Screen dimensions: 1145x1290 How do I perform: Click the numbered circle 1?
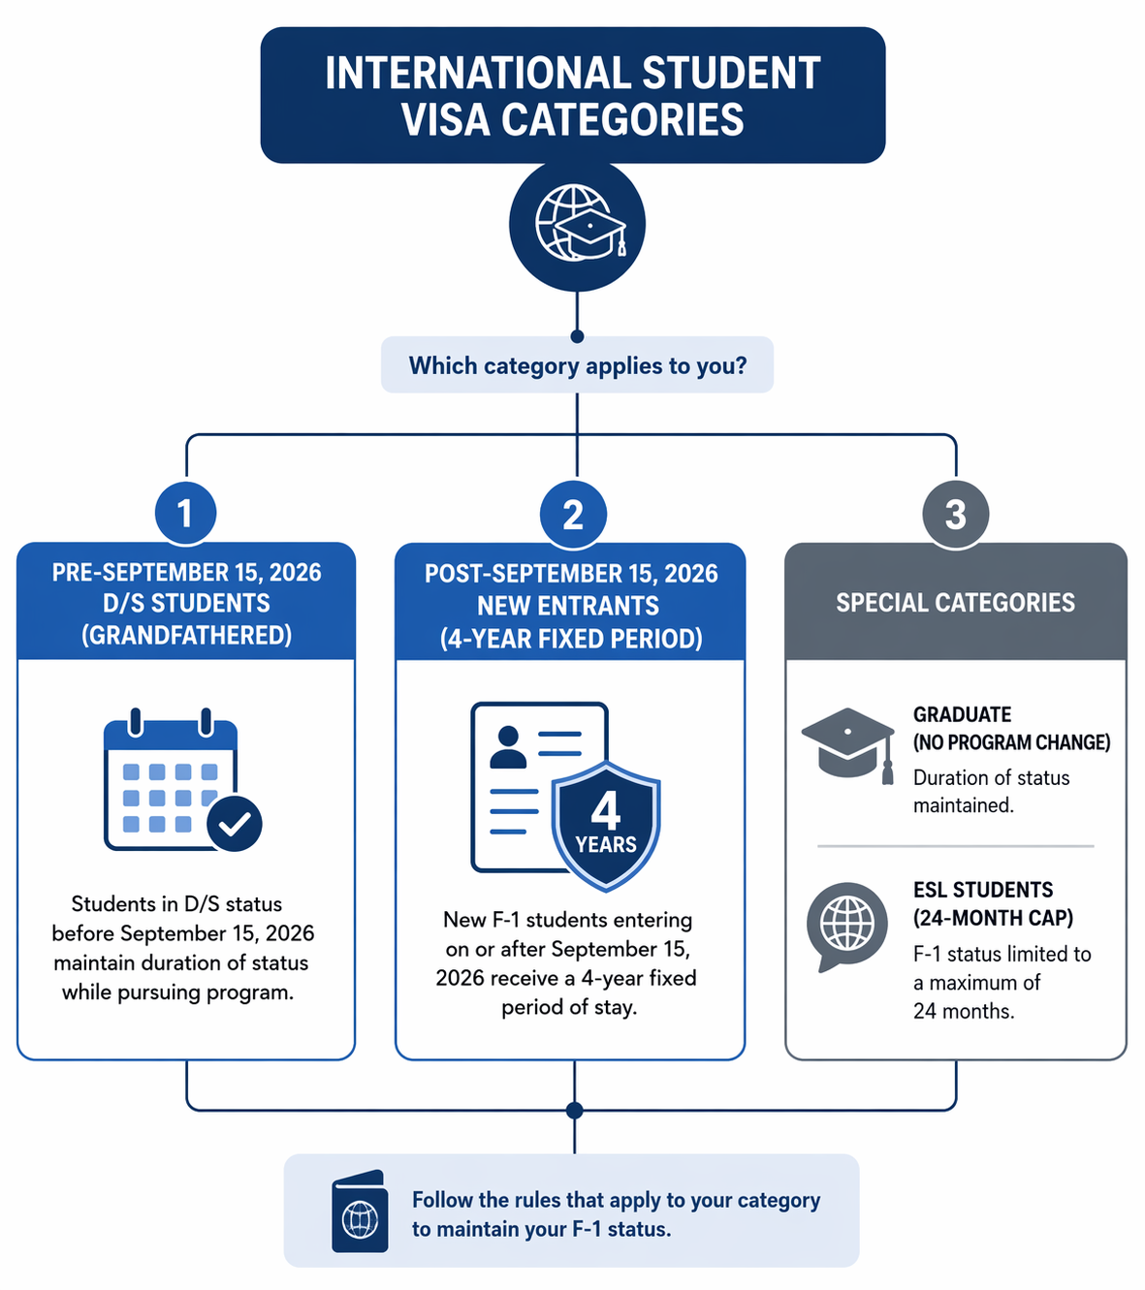[185, 514]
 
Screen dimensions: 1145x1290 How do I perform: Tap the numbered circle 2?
[573, 515]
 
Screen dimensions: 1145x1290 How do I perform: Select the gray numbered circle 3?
[955, 515]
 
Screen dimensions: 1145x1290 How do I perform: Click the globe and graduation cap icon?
[577, 224]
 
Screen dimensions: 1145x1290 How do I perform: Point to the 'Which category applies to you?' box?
[577, 364]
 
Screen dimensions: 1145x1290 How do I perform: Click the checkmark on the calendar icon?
[235, 823]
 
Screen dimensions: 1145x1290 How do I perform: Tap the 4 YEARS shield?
[606, 826]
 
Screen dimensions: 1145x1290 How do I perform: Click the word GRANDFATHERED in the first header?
[186, 636]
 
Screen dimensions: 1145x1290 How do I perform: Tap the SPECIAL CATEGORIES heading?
[955, 602]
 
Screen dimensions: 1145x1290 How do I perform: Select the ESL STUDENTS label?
[983, 890]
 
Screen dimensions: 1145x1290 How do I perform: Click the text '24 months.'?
[964, 1011]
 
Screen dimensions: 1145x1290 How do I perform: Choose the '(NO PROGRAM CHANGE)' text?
[1012, 742]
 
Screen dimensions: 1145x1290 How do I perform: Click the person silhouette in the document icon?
[508, 747]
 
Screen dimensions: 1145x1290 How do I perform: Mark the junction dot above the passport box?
[574, 1111]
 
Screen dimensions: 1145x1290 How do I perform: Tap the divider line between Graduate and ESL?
[955, 846]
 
